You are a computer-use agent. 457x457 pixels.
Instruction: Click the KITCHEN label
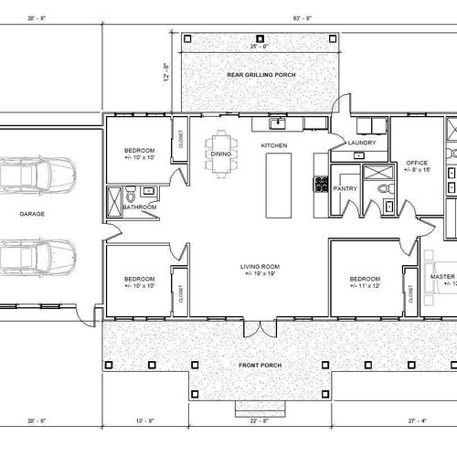click(274, 146)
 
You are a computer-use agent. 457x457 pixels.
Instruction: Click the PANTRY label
click(345, 188)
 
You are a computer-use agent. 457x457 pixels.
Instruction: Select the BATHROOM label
click(140, 207)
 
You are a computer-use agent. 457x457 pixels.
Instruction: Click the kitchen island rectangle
click(277, 185)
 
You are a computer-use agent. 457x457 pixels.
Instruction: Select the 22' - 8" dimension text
click(259, 421)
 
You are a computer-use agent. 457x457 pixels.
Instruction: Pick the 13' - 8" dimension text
click(146, 421)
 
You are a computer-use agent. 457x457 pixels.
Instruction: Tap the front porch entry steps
click(259, 407)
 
